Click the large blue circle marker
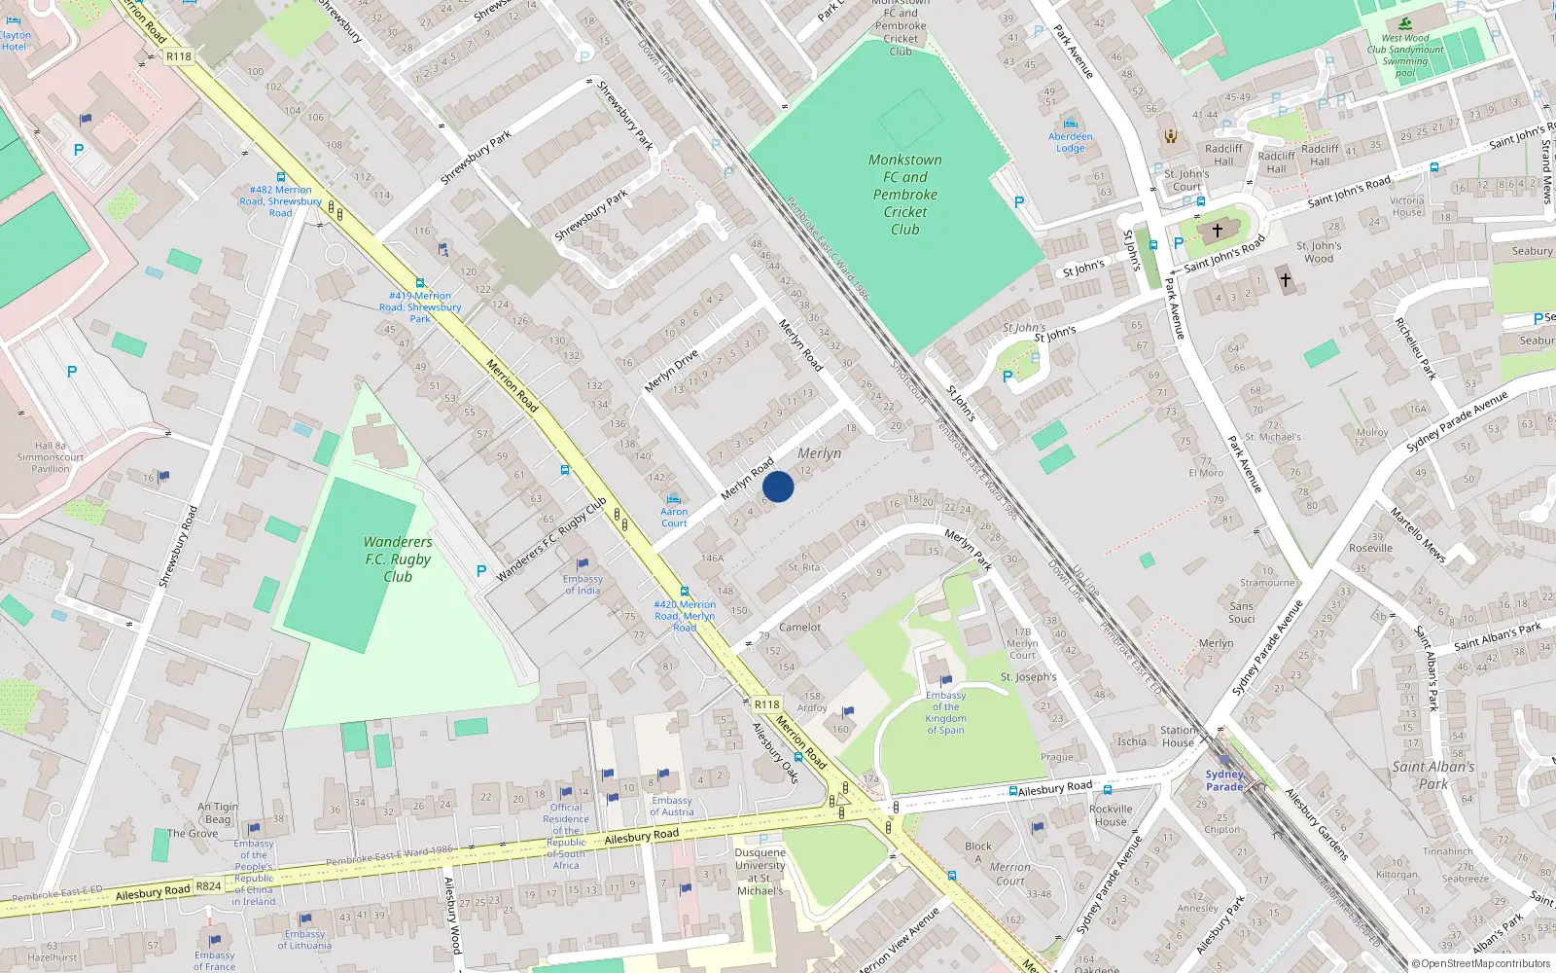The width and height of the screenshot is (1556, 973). (x=778, y=486)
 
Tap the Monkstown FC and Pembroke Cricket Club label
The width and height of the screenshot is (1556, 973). (x=904, y=195)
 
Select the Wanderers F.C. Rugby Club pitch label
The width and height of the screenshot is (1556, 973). (x=397, y=559)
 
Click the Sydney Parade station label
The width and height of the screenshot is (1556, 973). (x=1224, y=780)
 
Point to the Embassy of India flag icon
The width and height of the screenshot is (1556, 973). (x=583, y=563)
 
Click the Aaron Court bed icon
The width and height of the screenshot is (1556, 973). (x=673, y=499)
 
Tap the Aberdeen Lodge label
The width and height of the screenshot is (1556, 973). (x=1070, y=142)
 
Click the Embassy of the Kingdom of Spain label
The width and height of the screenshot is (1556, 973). (x=945, y=712)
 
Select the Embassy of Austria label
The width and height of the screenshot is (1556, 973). (x=671, y=807)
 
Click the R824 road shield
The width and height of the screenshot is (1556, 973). (x=208, y=886)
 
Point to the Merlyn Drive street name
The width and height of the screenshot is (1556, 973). (x=671, y=372)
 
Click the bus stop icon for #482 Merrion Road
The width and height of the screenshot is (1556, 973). (x=281, y=177)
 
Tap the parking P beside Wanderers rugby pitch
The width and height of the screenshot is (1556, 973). (x=480, y=571)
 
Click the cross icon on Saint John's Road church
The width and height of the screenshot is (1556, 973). (x=1217, y=231)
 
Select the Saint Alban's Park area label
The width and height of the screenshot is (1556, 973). (x=1432, y=775)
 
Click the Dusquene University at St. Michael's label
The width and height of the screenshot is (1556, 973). (x=760, y=872)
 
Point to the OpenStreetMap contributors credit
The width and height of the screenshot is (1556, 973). (x=1480, y=963)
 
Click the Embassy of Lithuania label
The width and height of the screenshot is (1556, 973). (x=304, y=939)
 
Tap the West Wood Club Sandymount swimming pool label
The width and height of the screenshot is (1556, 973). (x=1405, y=55)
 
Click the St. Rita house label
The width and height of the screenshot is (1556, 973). (x=803, y=567)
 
